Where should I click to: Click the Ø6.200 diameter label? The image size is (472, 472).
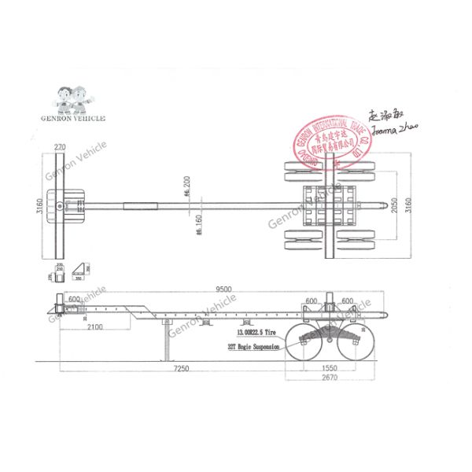186,186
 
